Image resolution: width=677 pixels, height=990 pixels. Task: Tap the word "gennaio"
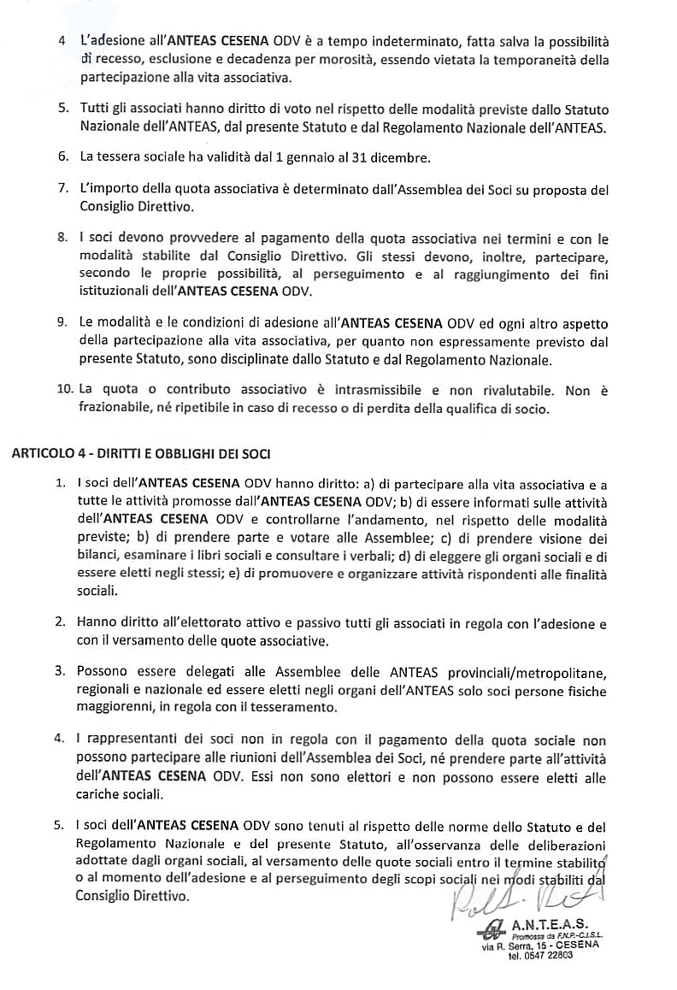coord(291,158)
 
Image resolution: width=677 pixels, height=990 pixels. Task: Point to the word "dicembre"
coord(377,158)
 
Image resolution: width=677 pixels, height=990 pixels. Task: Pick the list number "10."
coord(65,390)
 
